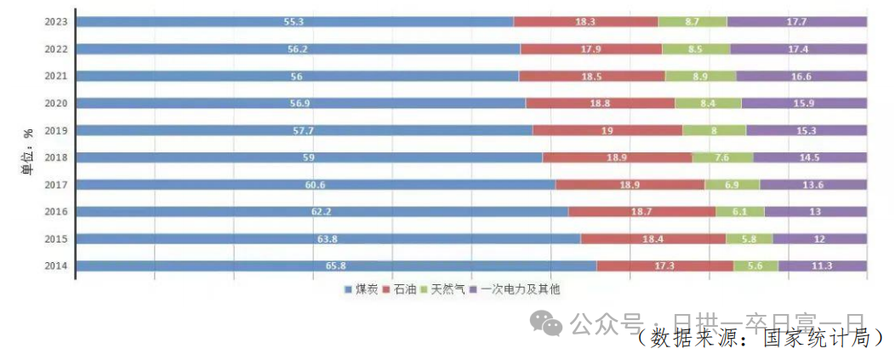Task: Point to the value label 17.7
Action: pos(797,22)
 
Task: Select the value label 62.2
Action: pos(322,212)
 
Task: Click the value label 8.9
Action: pos(700,77)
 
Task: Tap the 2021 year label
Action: pos(56,77)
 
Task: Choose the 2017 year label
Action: pos(56,185)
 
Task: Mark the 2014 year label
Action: pos(56,266)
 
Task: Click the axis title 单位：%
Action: pos(28,152)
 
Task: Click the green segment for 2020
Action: pos(708,104)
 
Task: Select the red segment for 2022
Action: pos(591,49)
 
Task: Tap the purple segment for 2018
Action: pos(810,157)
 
